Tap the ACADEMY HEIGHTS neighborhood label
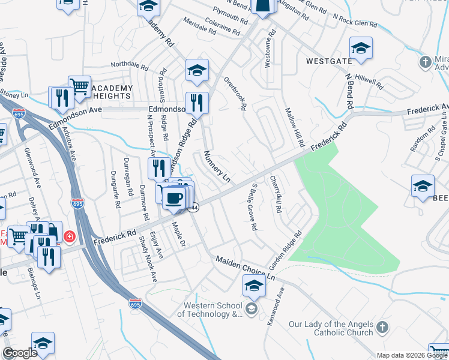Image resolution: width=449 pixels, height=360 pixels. click(x=112, y=91)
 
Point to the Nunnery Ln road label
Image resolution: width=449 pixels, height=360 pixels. click(x=217, y=167)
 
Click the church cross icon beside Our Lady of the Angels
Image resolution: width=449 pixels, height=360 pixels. click(x=382, y=328)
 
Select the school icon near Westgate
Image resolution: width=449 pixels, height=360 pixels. click(x=361, y=48)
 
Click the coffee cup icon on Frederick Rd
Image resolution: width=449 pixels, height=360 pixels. click(x=173, y=197)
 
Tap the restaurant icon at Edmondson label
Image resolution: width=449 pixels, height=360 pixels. click(x=197, y=103)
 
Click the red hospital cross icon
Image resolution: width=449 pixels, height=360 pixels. click(x=70, y=236)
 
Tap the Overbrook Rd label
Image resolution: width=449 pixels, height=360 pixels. click(x=235, y=94)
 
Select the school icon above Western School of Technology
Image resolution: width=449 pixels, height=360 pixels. click(x=254, y=287)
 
